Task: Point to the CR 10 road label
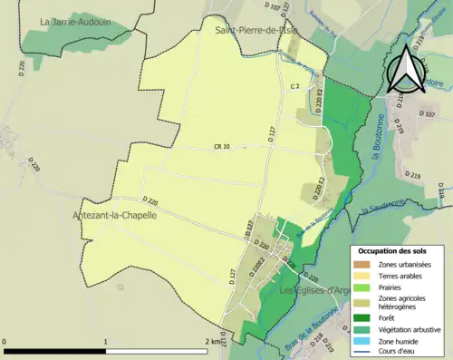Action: point(222,146)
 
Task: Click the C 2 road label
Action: point(294,86)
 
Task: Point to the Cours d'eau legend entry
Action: point(400,352)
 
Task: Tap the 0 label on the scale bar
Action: point(5,342)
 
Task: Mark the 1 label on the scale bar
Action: point(107,342)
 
